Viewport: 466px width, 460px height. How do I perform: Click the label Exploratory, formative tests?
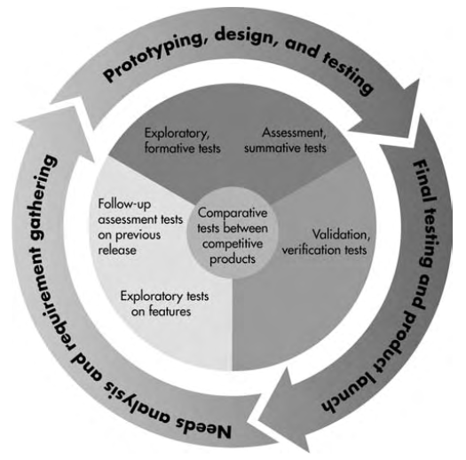182,140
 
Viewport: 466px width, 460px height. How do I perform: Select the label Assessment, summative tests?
285,140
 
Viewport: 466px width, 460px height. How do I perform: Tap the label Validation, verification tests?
326,242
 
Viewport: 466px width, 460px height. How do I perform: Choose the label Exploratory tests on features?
164,304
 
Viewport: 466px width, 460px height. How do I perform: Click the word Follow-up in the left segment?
124,205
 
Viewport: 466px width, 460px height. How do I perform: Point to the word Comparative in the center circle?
233,213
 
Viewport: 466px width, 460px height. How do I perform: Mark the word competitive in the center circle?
233,244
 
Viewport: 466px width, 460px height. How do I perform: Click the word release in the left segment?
117,250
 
